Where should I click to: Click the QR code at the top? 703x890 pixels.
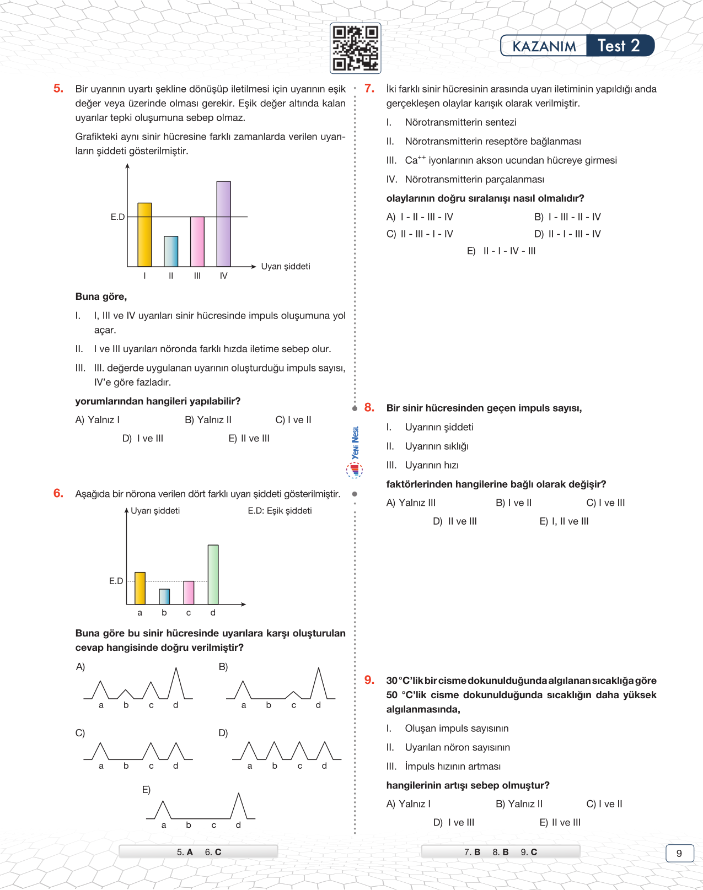tap(355, 48)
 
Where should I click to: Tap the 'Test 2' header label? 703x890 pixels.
tap(619, 46)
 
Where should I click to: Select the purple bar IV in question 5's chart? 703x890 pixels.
tap(223, 224)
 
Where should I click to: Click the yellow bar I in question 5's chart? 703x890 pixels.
tap(144, 235)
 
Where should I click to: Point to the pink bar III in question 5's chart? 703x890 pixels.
tap(197, 241)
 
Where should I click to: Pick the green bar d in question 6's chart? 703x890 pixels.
tap(213, 574)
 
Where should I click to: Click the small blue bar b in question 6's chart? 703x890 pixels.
tap(164, 596)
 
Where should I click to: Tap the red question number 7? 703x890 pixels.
tap(369, 88)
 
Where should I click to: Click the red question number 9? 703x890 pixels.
tap(369, 680)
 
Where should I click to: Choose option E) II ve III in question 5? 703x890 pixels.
tap(249, 439)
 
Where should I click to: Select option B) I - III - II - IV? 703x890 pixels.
tap(567, 217)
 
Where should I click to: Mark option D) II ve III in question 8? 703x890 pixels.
tap(455, 521)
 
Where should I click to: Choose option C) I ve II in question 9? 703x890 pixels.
tap(604, 804)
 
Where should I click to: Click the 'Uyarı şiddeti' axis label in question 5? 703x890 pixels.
tap(286, 266)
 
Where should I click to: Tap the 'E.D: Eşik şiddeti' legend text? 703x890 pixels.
tap(280, 511)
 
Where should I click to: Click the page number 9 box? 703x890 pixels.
tap(679, 853)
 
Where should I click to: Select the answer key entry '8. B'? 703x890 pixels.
tap(501, 852)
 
